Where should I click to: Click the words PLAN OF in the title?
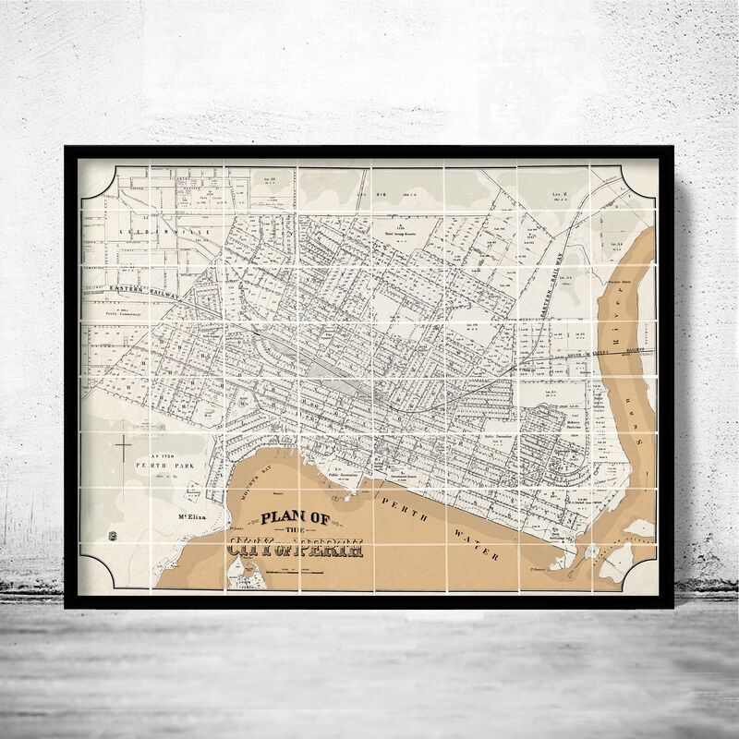(x=296, y=518)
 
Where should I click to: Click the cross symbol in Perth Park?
(x=123, y=448)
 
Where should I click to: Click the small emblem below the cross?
(x=113, y=536)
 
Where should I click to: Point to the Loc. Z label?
(x=557, y=195)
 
